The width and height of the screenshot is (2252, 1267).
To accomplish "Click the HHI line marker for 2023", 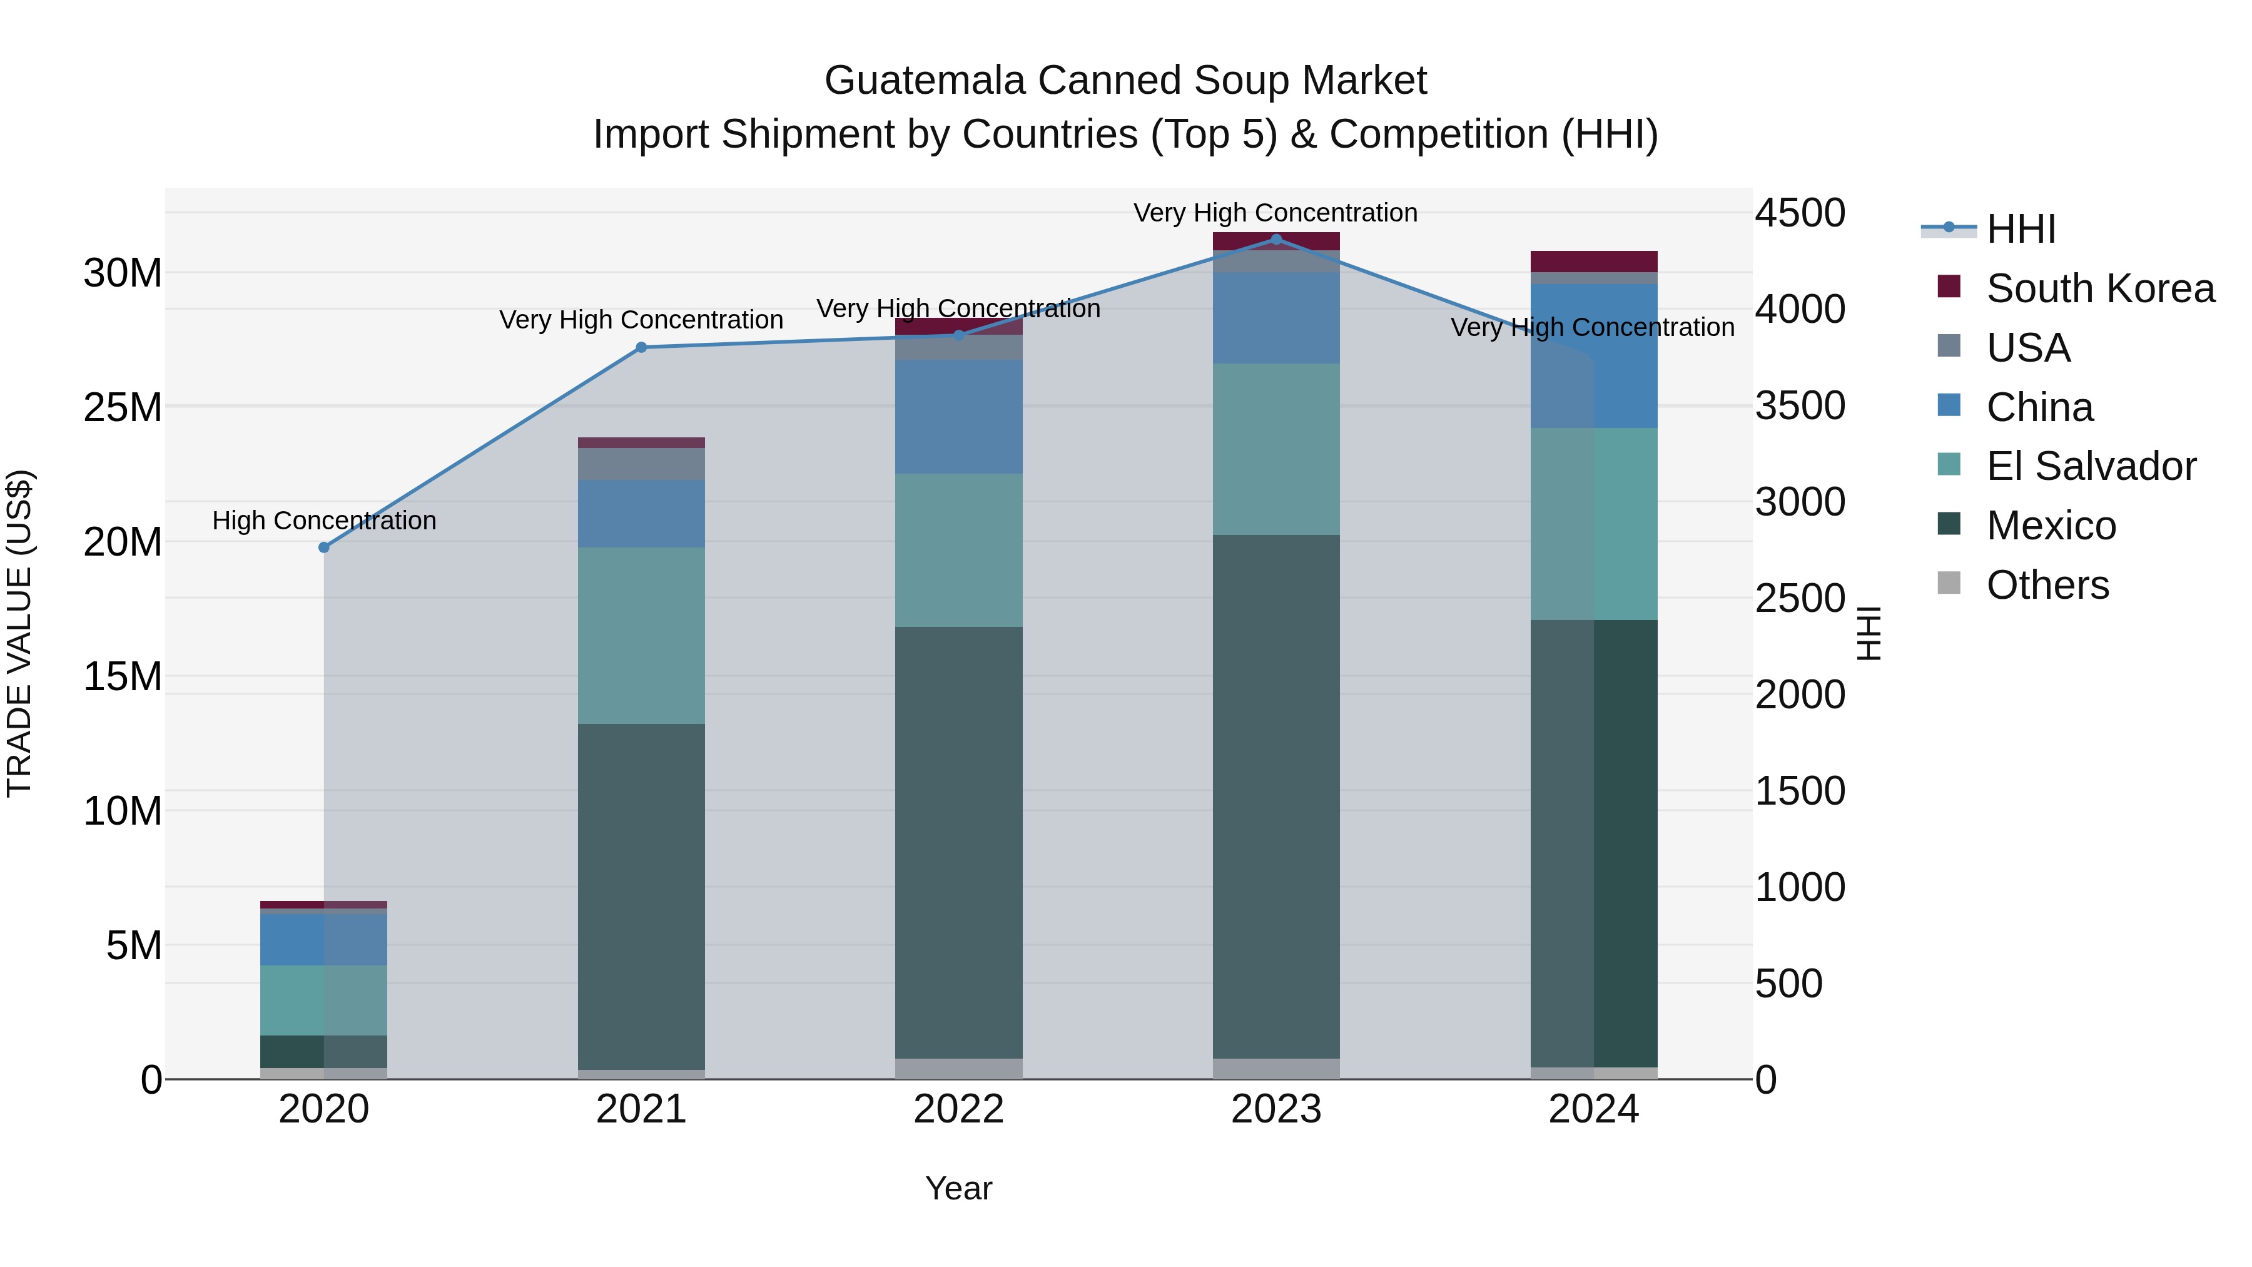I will [x=1276, y=240].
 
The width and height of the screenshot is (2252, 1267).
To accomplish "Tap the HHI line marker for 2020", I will [x=323, y=547].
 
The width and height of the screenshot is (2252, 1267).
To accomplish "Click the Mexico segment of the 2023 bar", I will [x=1276, y=796].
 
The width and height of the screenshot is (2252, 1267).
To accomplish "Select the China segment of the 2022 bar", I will [x=958, y=417].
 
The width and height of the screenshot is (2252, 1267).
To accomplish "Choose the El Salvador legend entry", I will [x=2090, y=466].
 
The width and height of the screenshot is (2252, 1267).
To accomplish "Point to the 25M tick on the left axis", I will [x=123, y=407].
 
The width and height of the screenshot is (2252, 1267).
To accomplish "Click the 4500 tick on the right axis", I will [x=1799, y=213].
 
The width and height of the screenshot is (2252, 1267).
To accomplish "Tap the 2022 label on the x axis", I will [x=958, y=1109].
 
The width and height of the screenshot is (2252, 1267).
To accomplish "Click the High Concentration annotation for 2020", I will [x=323, y=521].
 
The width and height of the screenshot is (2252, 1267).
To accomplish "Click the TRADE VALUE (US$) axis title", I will [x=19, y=633].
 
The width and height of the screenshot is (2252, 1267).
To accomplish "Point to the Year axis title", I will [x=958, y=1188].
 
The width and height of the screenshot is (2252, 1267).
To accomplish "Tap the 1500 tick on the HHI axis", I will [x=1799, y=791].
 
